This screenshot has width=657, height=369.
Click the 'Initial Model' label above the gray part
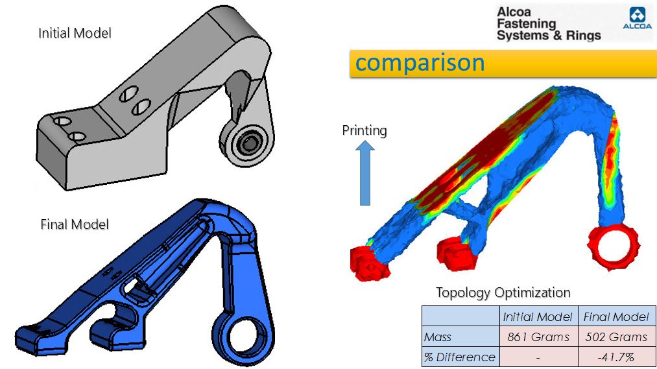(x=75, y=32)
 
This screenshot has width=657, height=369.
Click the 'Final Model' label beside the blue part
(x=75, y=224)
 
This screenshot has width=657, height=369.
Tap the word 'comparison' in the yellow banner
(x=420, y=63)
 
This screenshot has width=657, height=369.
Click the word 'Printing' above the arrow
(x=364, y=130)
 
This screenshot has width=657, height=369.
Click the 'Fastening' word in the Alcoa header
(x=527, y=23)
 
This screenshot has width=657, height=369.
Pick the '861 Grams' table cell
(x=538, y=337)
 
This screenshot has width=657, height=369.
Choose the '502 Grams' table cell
(x=615, y=337)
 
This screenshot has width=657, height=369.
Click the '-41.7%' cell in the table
(x=615, y=357)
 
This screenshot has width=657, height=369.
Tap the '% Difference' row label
(x=460, y=357)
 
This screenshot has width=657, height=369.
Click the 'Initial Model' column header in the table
(x=538, y=316)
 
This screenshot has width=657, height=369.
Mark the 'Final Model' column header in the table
(x=615, y=316)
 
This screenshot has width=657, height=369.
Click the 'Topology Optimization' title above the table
(x=503, y=292)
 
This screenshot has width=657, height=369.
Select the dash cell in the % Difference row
(x=538, y=357)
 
